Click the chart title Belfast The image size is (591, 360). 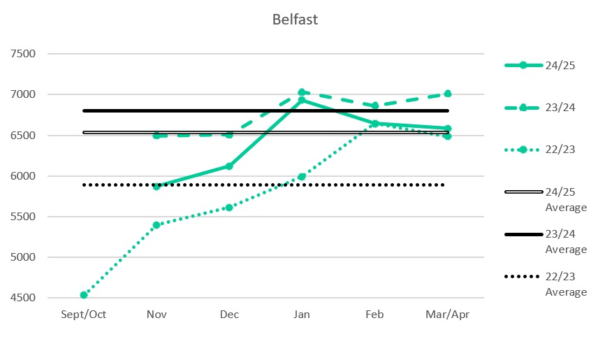coord(295,20)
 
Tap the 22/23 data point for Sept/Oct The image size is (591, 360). coord(84,295)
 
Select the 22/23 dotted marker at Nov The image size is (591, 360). coord(156,225)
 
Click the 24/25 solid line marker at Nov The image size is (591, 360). coord(156,187)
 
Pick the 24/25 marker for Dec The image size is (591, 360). coord(229,166)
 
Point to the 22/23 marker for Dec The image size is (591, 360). coord(229,208)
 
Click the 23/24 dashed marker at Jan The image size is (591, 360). coord(302,92)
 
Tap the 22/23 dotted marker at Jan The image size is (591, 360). coord(302,177)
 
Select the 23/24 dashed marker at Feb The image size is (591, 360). coord(374,106)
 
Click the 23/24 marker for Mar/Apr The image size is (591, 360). coord(447,94)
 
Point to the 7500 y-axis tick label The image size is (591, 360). coord(29,54)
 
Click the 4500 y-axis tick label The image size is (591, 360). coord(29,298)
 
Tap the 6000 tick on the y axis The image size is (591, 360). coord(29,176)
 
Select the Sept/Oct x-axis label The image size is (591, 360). coord(84,315)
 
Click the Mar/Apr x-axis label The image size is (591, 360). coord(447,315)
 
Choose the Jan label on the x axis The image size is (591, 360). coord(302,315)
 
